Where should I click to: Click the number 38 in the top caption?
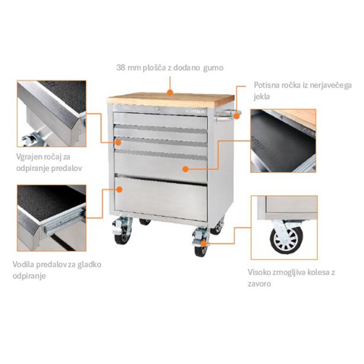pos(122,67)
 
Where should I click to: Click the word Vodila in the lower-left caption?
pos(25,264)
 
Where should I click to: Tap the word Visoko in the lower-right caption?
pos(259,273)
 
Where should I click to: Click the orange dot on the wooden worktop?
pos(170,92)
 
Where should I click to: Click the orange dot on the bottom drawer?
pos(120,189)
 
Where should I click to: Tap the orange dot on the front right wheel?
pos(203,243)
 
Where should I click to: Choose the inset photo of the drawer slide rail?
pos(51,217)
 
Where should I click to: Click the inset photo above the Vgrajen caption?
pos(51,114)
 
